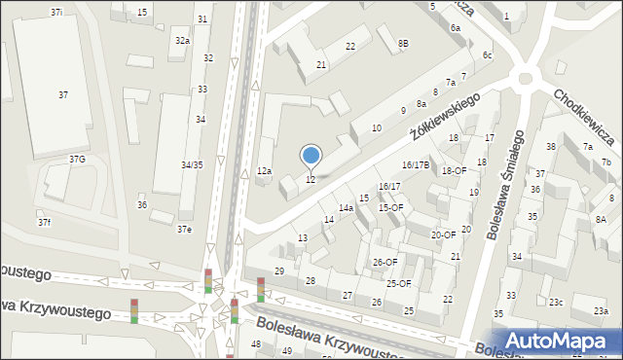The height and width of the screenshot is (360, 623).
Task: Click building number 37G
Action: (x=77, y=159)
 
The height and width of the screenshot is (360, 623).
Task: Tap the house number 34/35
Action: (x=192, y=165)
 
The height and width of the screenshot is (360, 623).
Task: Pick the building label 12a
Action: (x=264, y=171)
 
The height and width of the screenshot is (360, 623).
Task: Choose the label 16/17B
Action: (x=416, y=165)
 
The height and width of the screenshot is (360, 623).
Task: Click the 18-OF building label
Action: (x=455, y=171)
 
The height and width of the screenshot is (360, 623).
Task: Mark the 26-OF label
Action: (x=385, y=263)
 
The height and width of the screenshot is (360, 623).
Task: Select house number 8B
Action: (x=403, y=44)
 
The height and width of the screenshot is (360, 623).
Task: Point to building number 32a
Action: (x=182, y=41)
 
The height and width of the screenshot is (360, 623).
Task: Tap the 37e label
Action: (x=184, y=230)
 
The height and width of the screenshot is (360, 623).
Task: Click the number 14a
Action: (x=346, y=208)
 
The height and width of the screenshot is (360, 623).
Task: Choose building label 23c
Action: (x=555, y=303)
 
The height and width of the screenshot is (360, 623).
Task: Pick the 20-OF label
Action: (x=444, y=234)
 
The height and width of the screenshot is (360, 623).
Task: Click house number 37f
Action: (x=45, y=223)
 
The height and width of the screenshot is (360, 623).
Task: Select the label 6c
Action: (x=487, y=55)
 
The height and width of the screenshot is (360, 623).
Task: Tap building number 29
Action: (x=279, y=270)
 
